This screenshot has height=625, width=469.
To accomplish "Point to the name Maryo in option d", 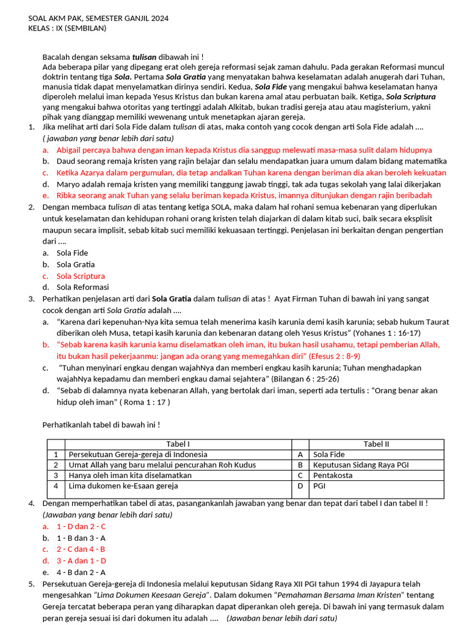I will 68,184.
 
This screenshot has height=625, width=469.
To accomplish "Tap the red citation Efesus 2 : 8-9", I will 325,356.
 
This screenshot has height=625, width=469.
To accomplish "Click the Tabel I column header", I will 178,444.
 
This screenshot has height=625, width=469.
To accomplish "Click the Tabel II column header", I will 376,444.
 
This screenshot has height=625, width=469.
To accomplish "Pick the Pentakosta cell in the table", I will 333,475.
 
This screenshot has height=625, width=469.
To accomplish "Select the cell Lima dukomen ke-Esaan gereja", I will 123,486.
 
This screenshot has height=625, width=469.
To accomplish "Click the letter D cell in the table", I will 300,486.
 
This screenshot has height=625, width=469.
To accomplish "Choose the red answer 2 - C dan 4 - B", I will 81,549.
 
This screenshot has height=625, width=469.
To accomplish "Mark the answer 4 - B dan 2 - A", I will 81,572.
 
